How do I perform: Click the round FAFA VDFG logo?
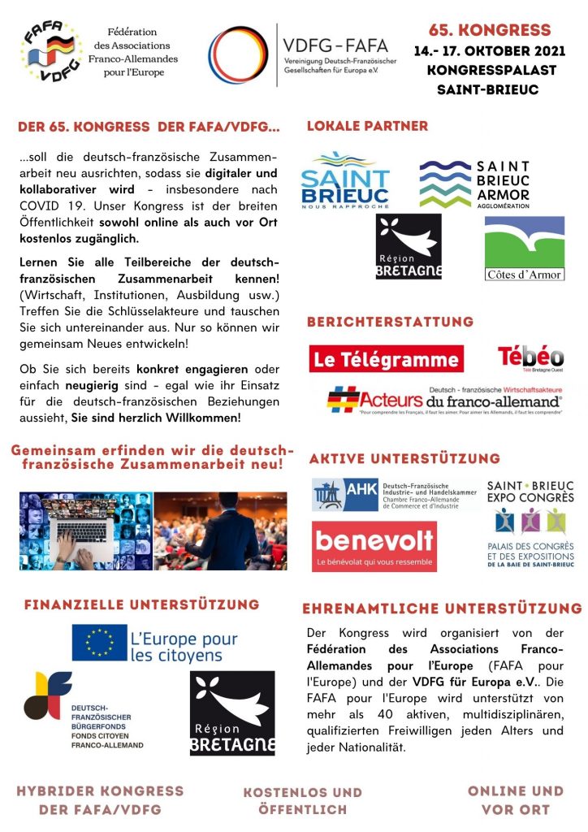coord(52,51)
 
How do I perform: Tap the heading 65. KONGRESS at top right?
coord(490,31)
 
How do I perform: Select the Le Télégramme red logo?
coord(387,358)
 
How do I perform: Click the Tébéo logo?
coord(530,358)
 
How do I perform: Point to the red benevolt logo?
coord(374,546)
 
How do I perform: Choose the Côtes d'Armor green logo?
coord(524,248)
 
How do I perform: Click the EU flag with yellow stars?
coord(99,642)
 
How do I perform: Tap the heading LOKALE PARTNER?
coord(367,126)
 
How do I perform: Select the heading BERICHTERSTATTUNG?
coord(390,322)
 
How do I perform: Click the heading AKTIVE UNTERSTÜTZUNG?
coord(404,459)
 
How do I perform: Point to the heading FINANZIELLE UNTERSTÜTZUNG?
coord(142,604)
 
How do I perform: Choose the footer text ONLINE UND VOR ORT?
coord(515,799)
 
